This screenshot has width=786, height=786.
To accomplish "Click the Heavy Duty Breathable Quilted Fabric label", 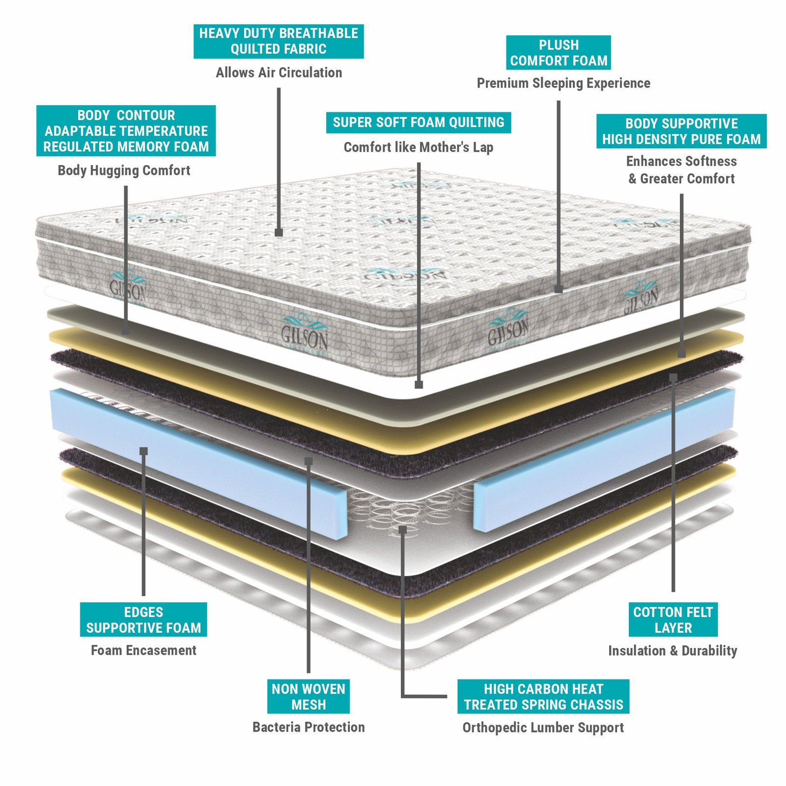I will (x=279, y=41).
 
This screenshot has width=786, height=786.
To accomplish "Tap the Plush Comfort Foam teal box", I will (x=559, y=53).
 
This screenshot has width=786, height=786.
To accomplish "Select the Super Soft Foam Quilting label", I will (x=419, y=122).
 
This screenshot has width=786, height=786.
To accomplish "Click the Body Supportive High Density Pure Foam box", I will (x=681, y=131).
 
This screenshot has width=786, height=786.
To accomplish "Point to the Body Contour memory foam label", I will (x=126, y=131).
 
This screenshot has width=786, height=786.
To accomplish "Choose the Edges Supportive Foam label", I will (x=143, y=619).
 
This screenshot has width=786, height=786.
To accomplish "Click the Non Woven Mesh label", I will (x=309, y=696).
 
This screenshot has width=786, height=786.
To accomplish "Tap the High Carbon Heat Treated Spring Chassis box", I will (x=543, y=696).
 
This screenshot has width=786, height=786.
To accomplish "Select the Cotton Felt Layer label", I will (x=673, y=619).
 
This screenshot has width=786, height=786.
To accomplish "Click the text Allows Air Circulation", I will (x=279, y=73).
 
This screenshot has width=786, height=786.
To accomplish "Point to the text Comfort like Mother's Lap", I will (x=419, y=147).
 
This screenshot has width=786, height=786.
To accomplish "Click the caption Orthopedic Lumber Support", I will (x=543, y=728).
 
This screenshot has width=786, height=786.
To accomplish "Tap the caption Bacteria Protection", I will (x=309, y=727).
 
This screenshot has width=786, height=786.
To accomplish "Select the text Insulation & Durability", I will (x=673, y=651).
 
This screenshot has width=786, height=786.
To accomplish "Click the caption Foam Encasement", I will (x=143, y=650).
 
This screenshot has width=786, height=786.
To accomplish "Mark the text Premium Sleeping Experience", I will (x=563, y=84).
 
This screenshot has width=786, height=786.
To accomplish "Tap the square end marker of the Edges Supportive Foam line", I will (x=143, y=451).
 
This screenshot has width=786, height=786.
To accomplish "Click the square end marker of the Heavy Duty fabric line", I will (x=279, y=232).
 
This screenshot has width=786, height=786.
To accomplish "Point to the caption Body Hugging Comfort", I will (x=124, y=170).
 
